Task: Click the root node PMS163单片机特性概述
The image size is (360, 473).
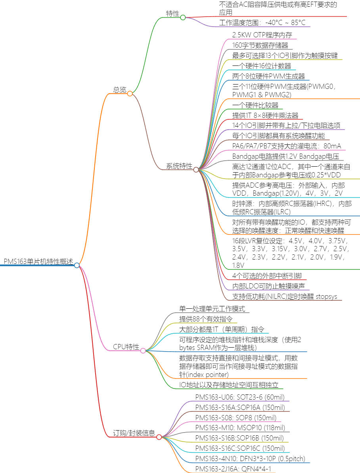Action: pos(38,261)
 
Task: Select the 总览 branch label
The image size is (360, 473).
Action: pos(119,90)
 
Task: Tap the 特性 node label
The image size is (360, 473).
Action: pos(172,14)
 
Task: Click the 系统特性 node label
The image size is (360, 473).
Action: pos(179,166)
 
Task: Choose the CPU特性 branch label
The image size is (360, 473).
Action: pos(126,347)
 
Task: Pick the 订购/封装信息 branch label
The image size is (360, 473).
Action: pos(134,433)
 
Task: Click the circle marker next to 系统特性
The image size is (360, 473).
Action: pos(196,169)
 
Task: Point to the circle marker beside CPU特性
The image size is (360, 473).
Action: pos(143,350)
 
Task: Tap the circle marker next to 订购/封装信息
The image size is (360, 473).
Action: pos(159,437)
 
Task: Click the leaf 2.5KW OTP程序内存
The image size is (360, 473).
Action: pos(262,35)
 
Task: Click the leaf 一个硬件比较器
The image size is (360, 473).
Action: pos(255,105)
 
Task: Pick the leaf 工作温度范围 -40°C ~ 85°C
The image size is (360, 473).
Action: pos(262,22)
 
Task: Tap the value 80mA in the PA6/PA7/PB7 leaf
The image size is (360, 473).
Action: pos(332,146)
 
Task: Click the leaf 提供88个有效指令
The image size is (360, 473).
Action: pos(206,319)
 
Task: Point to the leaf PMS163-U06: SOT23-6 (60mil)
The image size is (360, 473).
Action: pos(239,397)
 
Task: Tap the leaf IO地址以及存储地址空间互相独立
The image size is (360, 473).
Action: pos(231,385)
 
